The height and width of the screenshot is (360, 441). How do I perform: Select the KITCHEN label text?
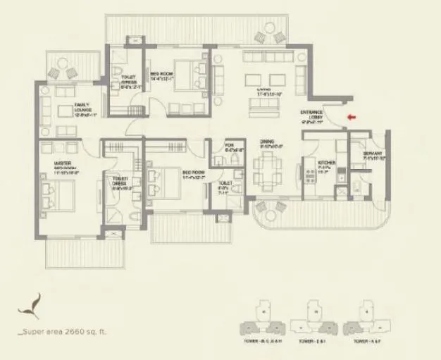pyautogui.click(x=325, y=165)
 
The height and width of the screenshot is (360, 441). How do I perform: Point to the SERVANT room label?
pyautogui.click(x=373, y=156)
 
